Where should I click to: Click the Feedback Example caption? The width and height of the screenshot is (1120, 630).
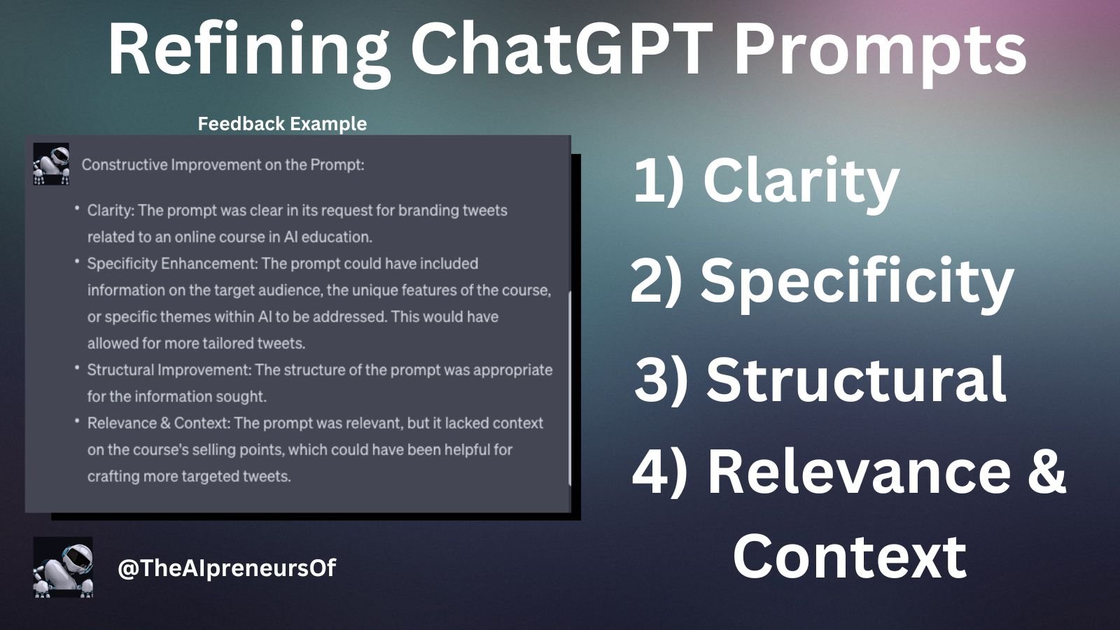coord(282,124)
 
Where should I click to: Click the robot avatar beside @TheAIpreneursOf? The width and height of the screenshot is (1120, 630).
coord(63,567)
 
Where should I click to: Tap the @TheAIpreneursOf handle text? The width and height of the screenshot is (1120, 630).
coord(227,568)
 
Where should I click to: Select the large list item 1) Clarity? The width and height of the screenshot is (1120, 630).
coord(766,180)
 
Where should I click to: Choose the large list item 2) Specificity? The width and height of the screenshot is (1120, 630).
coord(822,280)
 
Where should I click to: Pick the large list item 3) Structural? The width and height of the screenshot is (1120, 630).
coord(820,379)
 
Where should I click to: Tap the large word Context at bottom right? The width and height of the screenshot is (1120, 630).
coord(850,556)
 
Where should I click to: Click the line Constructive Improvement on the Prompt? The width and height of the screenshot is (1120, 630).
coord(223,165)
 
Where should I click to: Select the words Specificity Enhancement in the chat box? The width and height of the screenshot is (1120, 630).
coord(171,264)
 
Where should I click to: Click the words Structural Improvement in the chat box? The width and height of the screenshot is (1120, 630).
coord(169,370)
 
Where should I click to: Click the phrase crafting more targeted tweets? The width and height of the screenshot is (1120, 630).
coord(188,477)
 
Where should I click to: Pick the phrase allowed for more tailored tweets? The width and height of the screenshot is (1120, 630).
coord(196,344)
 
